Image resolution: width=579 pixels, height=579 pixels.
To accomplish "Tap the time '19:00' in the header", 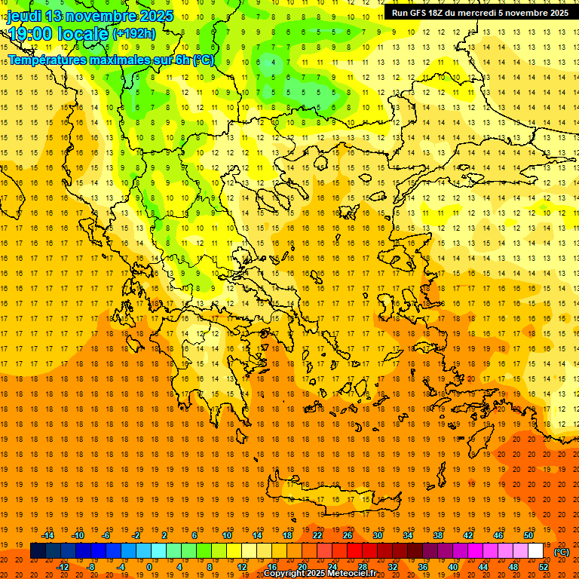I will click(31, 33).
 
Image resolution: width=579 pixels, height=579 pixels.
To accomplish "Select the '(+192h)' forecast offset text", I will click(134, 34).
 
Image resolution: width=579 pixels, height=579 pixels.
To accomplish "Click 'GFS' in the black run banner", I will click(423, 13).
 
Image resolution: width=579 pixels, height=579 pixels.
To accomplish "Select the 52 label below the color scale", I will click(544, 567).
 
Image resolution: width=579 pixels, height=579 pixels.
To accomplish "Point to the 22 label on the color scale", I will click(317, 535).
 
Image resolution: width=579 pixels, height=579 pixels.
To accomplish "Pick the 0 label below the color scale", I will click(149, 567).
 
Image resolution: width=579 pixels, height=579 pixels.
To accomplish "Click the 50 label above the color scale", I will click(528, 535).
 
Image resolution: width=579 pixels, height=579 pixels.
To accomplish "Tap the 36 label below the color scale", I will click(423, 567).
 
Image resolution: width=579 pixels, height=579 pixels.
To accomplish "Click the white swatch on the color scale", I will click(536, 551).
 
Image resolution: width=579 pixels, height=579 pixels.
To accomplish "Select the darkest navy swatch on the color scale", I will click(38, 551).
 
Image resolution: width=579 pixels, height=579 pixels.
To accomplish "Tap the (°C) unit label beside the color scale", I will click(562, 551).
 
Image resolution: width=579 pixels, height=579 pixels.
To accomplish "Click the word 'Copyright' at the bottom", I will click(285, 574).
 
